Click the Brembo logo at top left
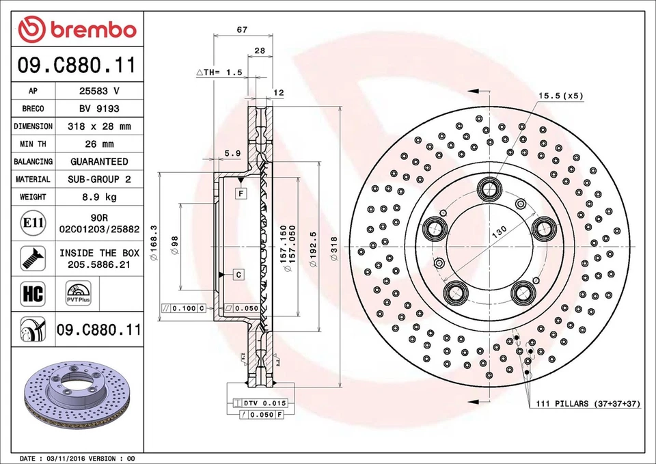pyautogui.click(x=77, y=29)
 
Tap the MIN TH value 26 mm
pyautogui.click(x=99, y=144)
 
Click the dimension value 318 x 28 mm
pyautogui.click(x=99, y=126)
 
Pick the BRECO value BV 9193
pyautogui.click(x=99, y=109)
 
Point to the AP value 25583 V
pyautogui.click(x=99, y=91)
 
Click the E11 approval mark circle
pyautogui.click(x=33, y=223)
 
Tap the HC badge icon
pyautogui.click(x=33, y=295)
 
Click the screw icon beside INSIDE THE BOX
pyautogui.click(x=33, y=258)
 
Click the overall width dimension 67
pyautogui.click(x=242, y=29)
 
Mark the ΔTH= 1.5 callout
pyautogui.click(x=219, y=72)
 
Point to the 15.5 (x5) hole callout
pyautogui.click(x=560, y=96)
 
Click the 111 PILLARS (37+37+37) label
pyautogui.click(x=588, y=404)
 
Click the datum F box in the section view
pyautogui.click(x=241, y=194)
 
